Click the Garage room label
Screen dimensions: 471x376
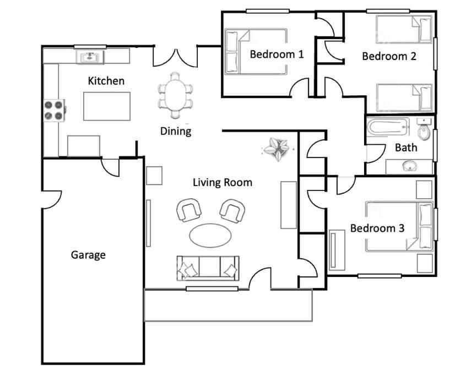(x=88, y=255)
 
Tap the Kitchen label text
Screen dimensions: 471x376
(x=106, y=81)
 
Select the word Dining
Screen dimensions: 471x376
(x=176, y=132)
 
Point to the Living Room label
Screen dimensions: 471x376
(x=223, y=182)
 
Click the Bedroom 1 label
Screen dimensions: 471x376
(x=277, y=55)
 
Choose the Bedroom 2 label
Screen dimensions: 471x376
(x=389, y=56)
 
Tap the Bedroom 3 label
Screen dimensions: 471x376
(x=377, y=228)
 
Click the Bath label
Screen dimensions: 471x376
(x=406, y=148)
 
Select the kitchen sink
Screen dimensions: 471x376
(x=90, y=57)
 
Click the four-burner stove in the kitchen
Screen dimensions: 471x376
(x=54, y=110)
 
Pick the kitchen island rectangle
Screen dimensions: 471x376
(x=107, y=106)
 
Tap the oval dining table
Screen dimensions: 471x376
(x=175, y=95)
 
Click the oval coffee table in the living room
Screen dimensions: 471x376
(x=210, y=235)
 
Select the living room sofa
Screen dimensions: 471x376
(x=208, y=268)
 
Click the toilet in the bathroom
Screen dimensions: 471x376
(x=424, y=129)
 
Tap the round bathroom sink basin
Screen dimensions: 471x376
(x=409, y=166)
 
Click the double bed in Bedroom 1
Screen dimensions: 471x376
(x=256, y=51)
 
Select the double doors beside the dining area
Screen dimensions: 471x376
(x=175, y=58)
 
